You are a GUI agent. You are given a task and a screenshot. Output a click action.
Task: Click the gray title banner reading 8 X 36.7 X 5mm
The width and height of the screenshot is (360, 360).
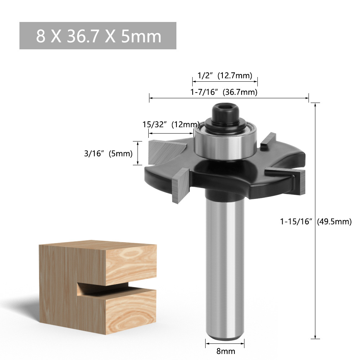pos(98,36)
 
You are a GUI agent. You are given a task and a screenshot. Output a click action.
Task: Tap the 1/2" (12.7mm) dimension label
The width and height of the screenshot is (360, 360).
pos(225,75)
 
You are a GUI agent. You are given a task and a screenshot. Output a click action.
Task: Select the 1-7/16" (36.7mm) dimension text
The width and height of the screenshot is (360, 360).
pos(224,92)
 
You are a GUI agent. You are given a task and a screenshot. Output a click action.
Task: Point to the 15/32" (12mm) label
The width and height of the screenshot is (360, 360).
pos(171,125)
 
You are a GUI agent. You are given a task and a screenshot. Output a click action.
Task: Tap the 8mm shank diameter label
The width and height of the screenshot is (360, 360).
pos(225,351)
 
